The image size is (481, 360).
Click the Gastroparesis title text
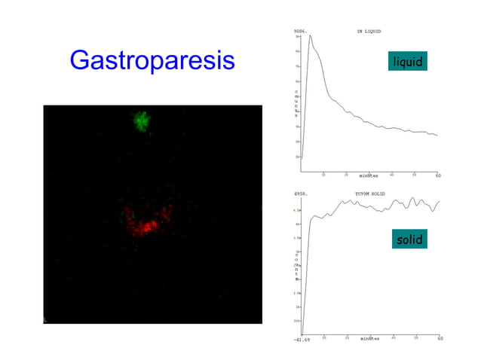click(x=152, y=60)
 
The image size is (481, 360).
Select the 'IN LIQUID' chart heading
click(x=369, y=31)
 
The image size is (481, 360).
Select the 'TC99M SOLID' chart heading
click(x=369, y=194)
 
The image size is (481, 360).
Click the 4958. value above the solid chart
click(x=299, y=194)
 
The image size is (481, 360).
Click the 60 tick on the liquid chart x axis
click(x=437, y=175)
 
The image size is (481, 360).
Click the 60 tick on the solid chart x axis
click(x=440, y=338)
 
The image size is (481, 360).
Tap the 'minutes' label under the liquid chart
click(x=369, y=175)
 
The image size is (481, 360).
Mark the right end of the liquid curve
click(x=437, y=136)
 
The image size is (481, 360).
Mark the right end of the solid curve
click(x=438, y=201)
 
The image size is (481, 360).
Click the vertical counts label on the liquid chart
click(x=296, y=104)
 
